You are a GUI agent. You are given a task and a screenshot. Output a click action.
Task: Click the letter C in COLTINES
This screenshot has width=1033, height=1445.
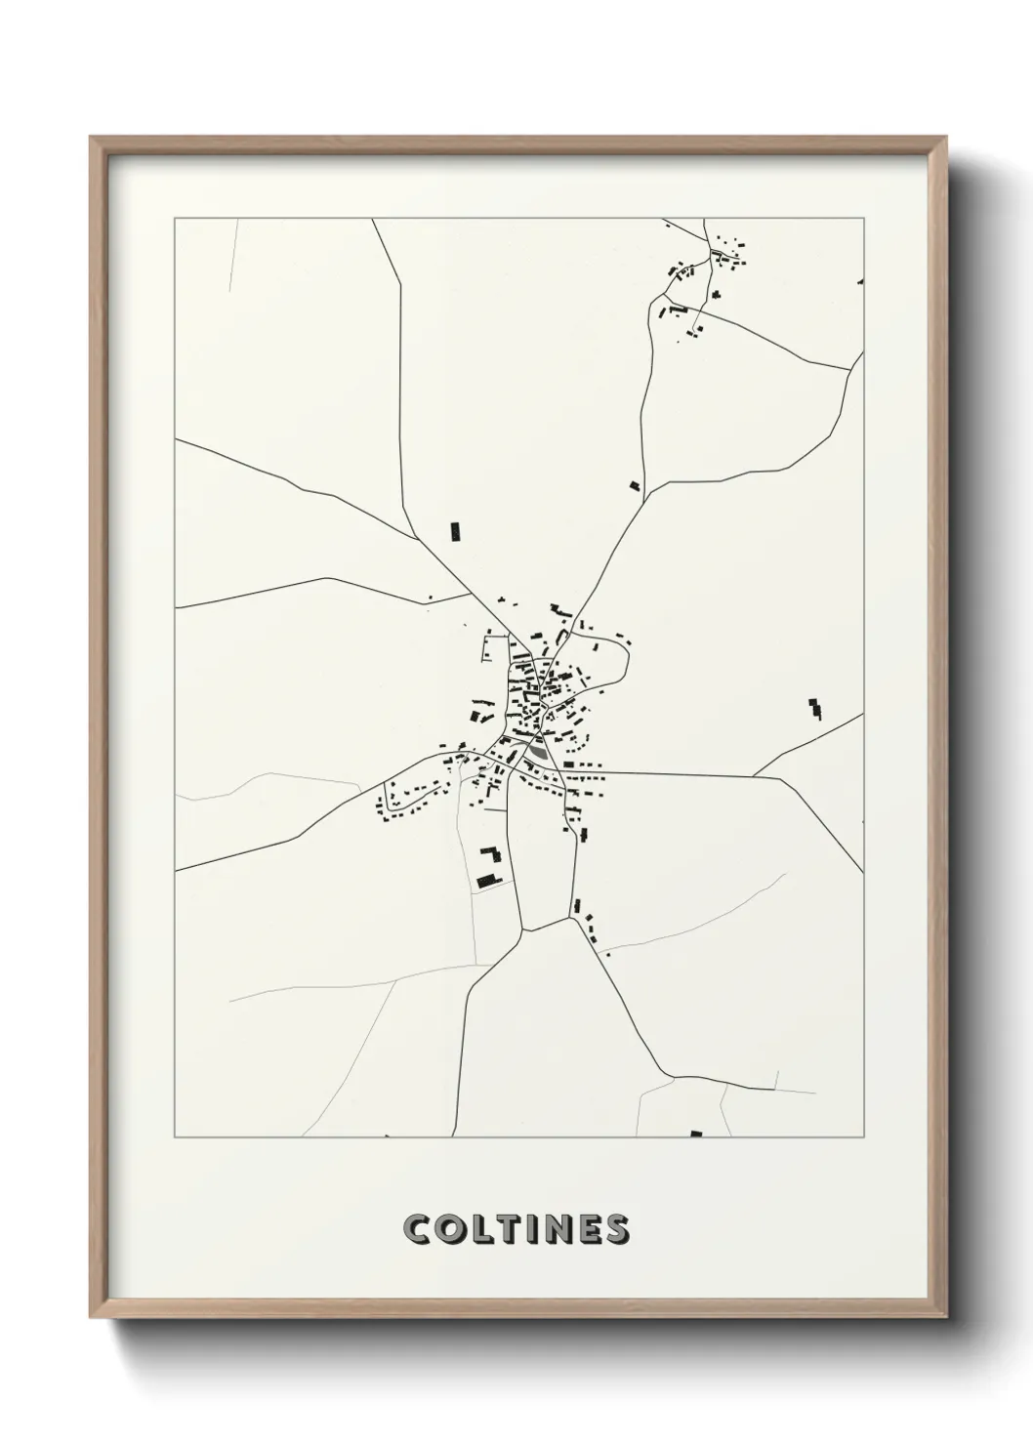pyautogui.click(x=418, y=1229)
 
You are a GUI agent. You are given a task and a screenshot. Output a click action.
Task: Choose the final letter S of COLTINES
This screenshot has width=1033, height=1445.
pyautogui.click(x=618, y=1229)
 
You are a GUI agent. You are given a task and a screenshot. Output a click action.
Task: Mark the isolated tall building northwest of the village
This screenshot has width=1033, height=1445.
pyautogui.click(x=454, y=531)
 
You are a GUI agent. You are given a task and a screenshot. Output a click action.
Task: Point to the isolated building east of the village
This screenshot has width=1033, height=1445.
pyautogui.click(x=815, y=709)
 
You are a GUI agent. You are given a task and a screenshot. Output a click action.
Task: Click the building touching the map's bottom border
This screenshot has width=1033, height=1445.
pyautogui.click(x=696, y=1134)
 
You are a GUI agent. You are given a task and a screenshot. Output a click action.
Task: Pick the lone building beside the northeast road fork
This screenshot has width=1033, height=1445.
pyautogui.click(x=635, y=485)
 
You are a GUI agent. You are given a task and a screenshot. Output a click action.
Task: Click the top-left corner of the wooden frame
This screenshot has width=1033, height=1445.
pyautogui.click(x=92, y=138)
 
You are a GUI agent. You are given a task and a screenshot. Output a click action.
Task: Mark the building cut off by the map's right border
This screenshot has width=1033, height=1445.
pyautogui.click(x=860, y=282)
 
